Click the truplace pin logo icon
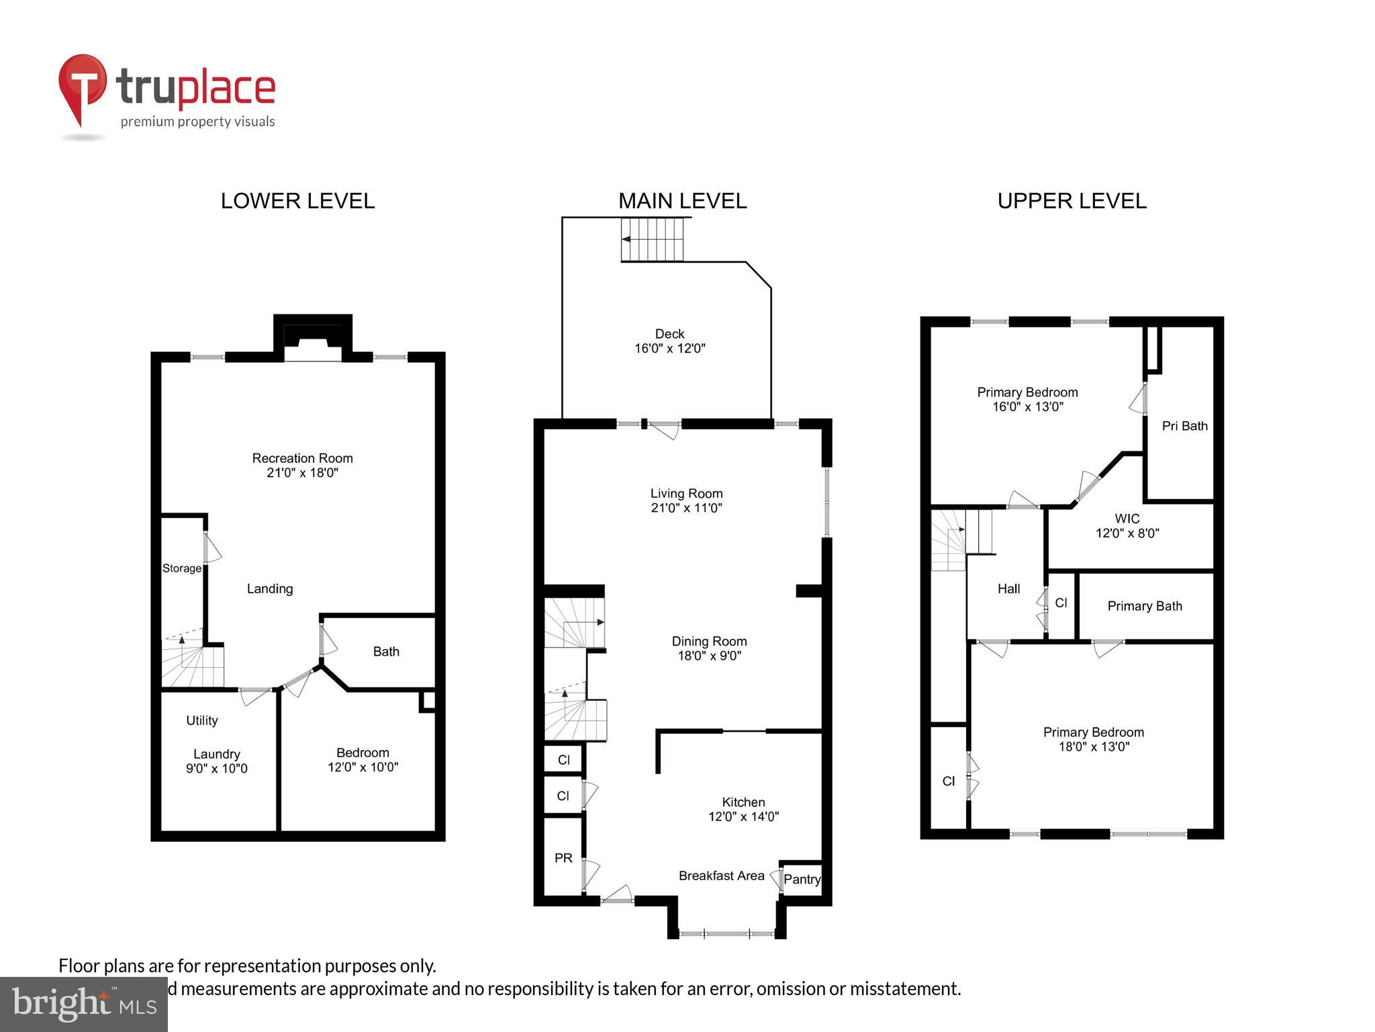[x=82, y=87]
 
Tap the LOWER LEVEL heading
[x=297, y=201]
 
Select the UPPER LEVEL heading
[x=1072, y=201]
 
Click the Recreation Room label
[x=302, y=458]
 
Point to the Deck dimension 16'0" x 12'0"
[x=669, y=349]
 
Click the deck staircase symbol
[x=652, y=239]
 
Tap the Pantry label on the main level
[x=802, y=879]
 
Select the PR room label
[x=563, y=858]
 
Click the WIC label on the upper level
[x=1127, y=519]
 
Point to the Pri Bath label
[x=1184, y=426]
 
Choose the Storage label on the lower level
[x=182, y=568]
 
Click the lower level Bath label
[x=386, y=651]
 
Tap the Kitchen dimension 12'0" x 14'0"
[x=743, y=817]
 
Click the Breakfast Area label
[x=721, y=875]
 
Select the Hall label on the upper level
[x=1008, y=589]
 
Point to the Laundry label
[x=216, y=754]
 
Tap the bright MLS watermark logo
[x=84, y=1004]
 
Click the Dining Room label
[x=709, y=641]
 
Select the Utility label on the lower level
[x=202, y=720]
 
